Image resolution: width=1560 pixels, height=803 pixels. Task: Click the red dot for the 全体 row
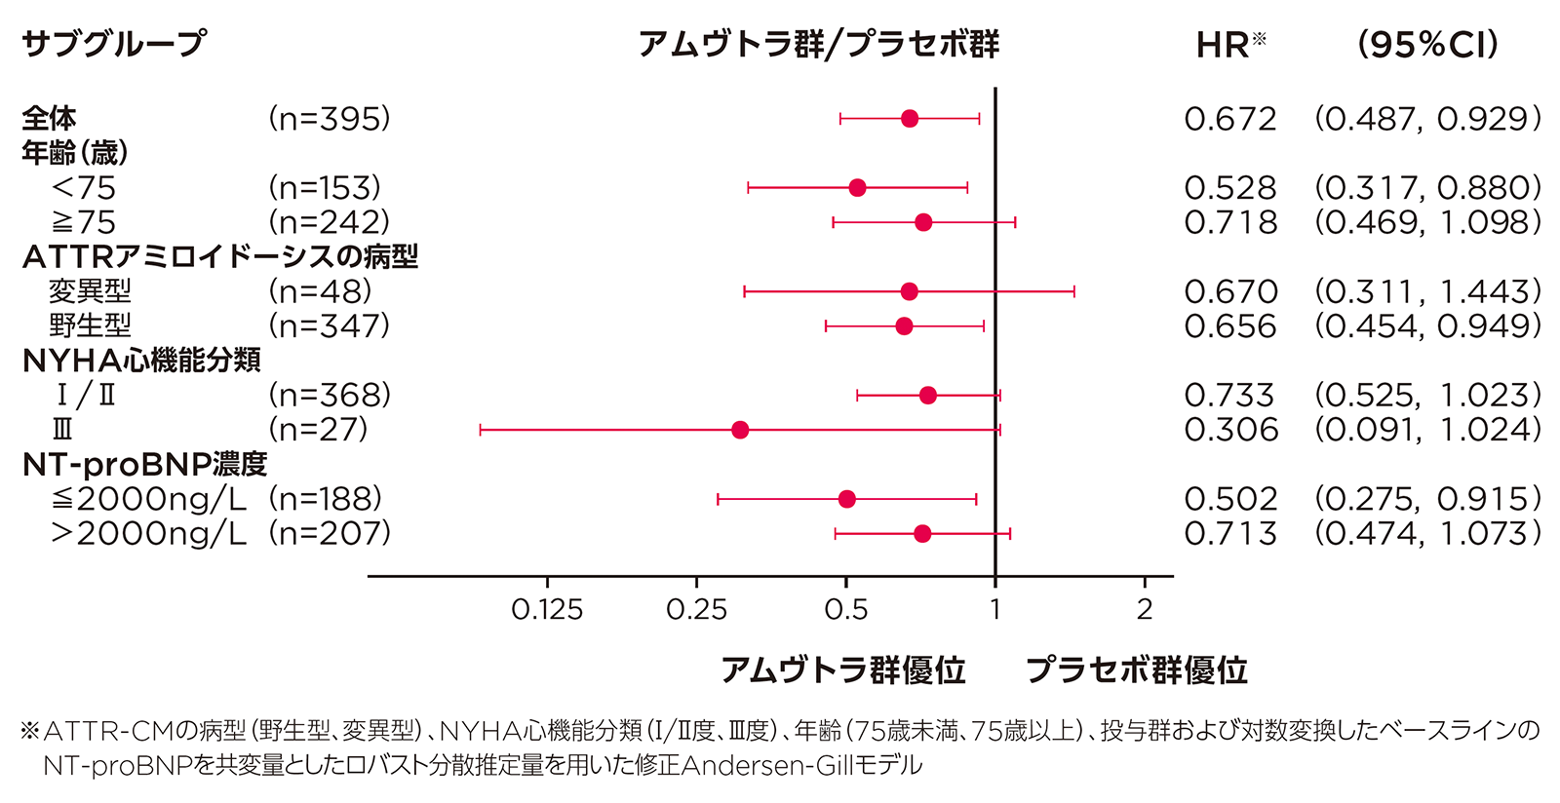pyautogui.click(x=910, y=119)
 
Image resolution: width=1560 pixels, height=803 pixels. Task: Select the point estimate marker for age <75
pyautogui.click(x=857, y=188)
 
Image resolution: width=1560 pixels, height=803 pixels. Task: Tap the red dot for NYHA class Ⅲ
pyautogui.click(x=740, y=430)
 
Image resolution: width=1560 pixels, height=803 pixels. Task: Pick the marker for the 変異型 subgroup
pyautogui.click(x=909, y=291)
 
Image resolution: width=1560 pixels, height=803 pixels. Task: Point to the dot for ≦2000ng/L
pyautogui.click(x=846, y=499)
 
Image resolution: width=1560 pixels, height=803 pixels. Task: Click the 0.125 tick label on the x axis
pyautogui.click(x=547, y=610)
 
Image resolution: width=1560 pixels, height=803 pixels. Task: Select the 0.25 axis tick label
pyautogui.click(x=696, y=610)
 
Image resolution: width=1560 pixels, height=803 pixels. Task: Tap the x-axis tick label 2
pyautogui.click(x=1145, y=610)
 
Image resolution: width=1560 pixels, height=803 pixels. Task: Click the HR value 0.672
pyautogui.click(x=1230, y=119)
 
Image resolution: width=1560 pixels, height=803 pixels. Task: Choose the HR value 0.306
pyautogui.click(x=1230, y=430)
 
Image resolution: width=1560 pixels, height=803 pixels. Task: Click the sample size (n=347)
pyautogui.click(x=330, y=325)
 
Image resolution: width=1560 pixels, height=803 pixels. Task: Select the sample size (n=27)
pyautogui.click(x=319, y=430)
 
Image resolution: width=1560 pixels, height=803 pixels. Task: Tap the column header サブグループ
pyautogui.click(x=113, y=44)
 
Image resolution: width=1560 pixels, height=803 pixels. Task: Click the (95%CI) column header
pyautogui.click(x=1428, y=44)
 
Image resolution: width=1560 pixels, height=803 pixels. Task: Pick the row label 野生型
pyautogui.click(x=90, y=325)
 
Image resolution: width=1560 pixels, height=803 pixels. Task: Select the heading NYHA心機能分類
pyautogui.click(x=141, y=361)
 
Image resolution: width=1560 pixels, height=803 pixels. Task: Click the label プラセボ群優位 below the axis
pyautogui.click(x=1137, y=670)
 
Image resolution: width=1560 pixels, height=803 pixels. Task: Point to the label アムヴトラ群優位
pyautogui.click(x=843, y=670)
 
